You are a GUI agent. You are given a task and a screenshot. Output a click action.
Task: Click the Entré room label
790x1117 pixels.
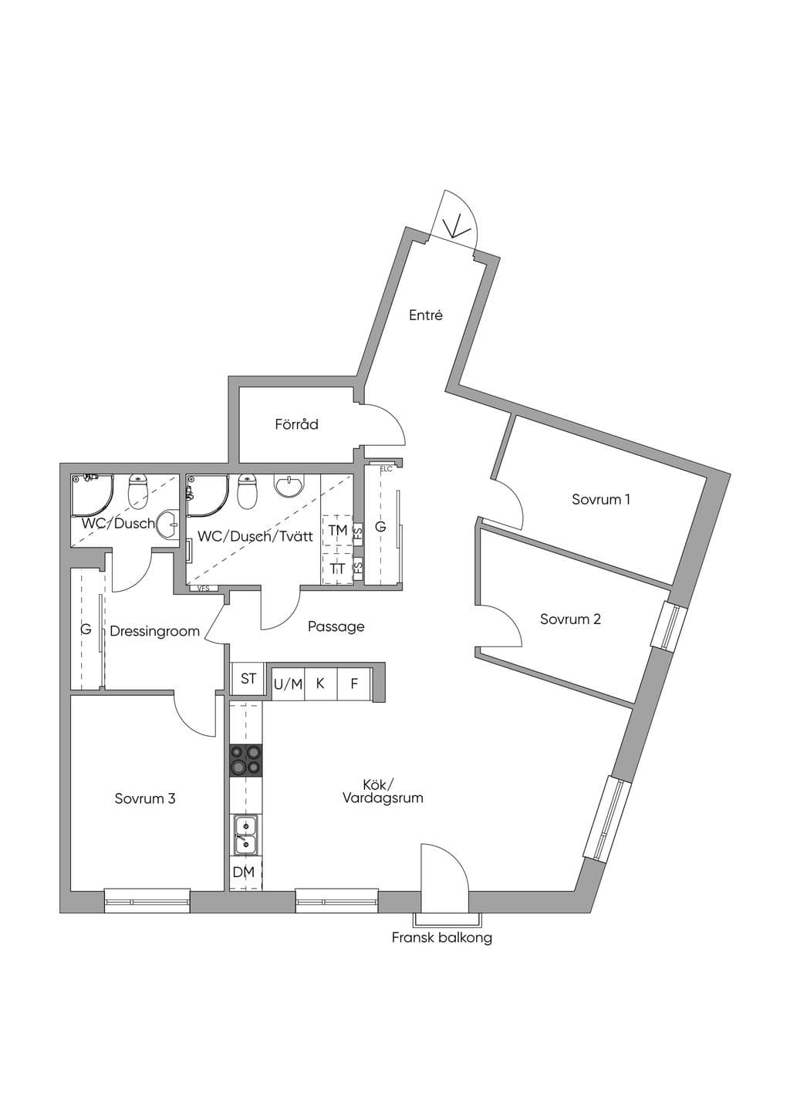pyautogui.click(x=425, y=316)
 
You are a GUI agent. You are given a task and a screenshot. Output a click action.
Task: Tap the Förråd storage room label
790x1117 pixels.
pyautogui.click(x=297, y=424)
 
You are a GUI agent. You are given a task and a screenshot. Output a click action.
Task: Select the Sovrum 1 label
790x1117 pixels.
pyautogui.click(x=601, y=499)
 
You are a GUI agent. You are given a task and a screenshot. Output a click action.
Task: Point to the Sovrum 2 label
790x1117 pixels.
pyautogui.click(x=571, y=619)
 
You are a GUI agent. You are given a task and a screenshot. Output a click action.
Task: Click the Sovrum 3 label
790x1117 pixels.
pyautogui.click(x=145, y=798)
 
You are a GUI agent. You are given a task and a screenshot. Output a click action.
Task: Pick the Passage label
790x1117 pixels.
pyautogui.click(x=336, y=627)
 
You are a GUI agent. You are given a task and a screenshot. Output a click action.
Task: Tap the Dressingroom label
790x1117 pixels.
pyautogui.click(x=154, y=631)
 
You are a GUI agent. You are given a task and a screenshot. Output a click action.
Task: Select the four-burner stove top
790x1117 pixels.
pyautogui.click(x=245, y=760)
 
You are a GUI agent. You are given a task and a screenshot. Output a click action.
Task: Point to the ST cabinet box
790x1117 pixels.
pyautogui.click(x=248, y=678)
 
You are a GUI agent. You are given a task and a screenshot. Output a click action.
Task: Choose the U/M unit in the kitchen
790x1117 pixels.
pyautogui.click(x=289, y=683)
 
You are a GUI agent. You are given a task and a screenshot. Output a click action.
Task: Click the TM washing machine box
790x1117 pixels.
pyautogui.click(x=337, y=530)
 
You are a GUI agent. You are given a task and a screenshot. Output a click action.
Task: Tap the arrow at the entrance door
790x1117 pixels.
pyautogui.click(x=457, y=228)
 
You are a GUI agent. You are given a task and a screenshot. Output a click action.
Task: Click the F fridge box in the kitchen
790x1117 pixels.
pyautogui.click(x=354, y=683)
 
